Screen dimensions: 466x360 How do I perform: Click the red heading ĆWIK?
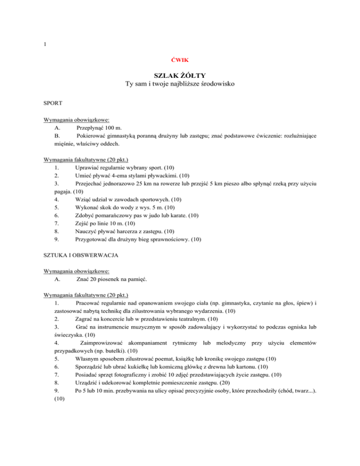[x=180, y=60]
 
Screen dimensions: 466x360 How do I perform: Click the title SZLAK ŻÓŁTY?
[x=180, y=75]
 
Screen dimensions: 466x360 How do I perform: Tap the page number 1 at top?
[x=44, y=45]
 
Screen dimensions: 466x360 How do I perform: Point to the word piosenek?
[x=112, y=279]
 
